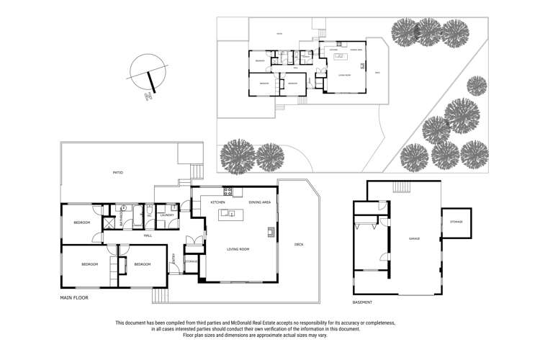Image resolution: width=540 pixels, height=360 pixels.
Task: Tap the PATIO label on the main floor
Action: pyautogui.click(x=117, y=174)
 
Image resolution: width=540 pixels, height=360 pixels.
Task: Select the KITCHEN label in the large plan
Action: pyautogui.click(x=218, y=203)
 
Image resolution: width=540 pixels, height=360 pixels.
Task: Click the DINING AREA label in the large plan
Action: pyautogui.click(x=259, y=203)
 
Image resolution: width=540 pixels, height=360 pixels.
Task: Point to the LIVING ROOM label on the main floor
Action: pyautogui.click(x=238, y=249)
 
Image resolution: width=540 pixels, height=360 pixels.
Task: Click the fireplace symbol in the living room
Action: pyautogui.click(x=271, y=232)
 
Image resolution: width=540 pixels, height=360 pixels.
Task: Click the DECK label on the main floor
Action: pyautogui.click(x=299, y=244)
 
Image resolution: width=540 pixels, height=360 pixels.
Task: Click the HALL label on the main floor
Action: pyautogui.click(x=147, y=235)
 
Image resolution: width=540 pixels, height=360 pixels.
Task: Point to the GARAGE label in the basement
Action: pyautogui.click(x=414, y=238)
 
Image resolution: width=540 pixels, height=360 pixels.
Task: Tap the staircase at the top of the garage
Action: pyautogui.click(x=402, y=188)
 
